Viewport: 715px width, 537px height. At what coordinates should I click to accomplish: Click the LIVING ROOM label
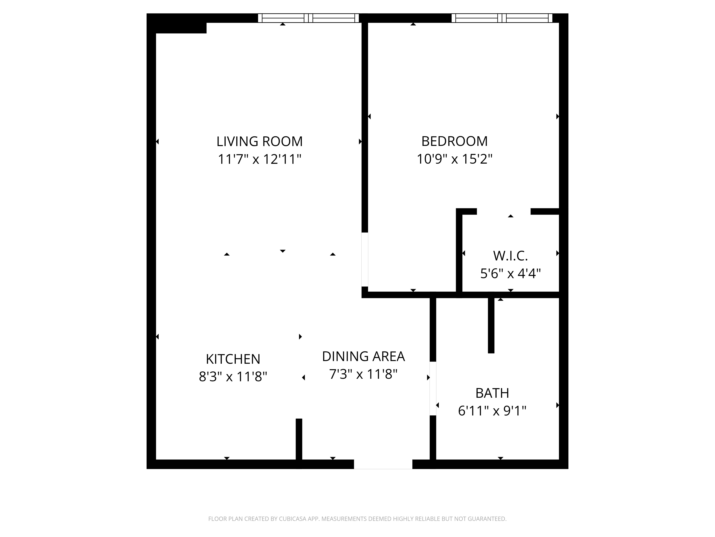click(260, 141)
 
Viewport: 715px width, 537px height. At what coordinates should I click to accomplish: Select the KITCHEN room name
click(233, 359)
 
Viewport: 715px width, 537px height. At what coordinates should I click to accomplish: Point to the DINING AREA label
click(363, 356)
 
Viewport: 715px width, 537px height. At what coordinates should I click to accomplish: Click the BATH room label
click(492, 393)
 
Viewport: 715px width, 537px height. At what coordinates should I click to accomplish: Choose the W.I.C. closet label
click(510, 256)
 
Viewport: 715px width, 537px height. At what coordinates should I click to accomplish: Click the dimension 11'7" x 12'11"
click(260, 159)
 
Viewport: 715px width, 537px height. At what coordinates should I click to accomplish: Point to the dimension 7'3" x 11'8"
click(363, 374)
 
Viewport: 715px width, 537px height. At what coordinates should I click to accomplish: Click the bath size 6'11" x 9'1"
click(492, 411)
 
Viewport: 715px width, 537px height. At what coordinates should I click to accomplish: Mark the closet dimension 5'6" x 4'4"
click(510, 274)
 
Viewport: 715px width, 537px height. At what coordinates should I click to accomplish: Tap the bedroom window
click(502, 18)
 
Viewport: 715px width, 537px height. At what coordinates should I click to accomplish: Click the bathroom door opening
click(433, 388)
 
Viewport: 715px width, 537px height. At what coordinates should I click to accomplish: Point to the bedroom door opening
click(365, 260)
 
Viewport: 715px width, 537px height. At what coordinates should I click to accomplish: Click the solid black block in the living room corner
click(181, 28)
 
